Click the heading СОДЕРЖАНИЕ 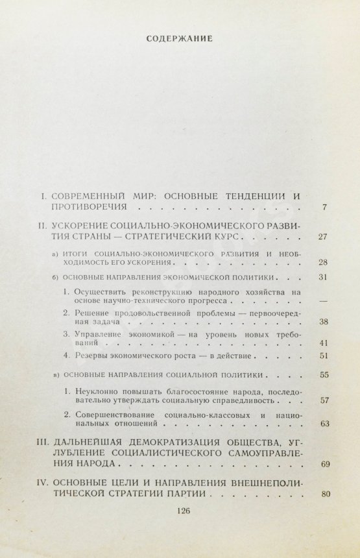(180, 38)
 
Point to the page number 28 (323, 263)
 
